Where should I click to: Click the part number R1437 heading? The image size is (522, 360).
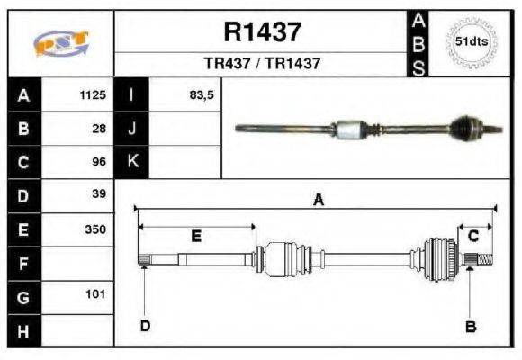click(x=262, y=32)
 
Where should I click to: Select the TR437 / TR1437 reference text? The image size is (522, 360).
click(x=262, y=64)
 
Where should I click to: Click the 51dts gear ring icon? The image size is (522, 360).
click(x=472, y=42)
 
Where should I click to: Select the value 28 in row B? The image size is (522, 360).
click(x=99, y=128)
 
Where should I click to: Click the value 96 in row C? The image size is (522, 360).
click(x=99, y=162)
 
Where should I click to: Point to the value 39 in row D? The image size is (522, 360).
click(x=99, y=194)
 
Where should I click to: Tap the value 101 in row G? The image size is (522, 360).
click(x=95, y=294)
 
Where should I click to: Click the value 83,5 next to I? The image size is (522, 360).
click(x=201, y=94)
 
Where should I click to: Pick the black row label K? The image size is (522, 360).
click(x=131, y=162)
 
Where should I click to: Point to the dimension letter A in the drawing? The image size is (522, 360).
click(x=318, y=201)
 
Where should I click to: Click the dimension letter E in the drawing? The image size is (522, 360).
click(x=196, y=236)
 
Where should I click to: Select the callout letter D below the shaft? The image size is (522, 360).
click(x=144, y=325)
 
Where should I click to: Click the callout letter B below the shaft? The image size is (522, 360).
click(x=470, y=326)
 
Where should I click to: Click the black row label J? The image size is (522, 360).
click(x=131, y=128)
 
